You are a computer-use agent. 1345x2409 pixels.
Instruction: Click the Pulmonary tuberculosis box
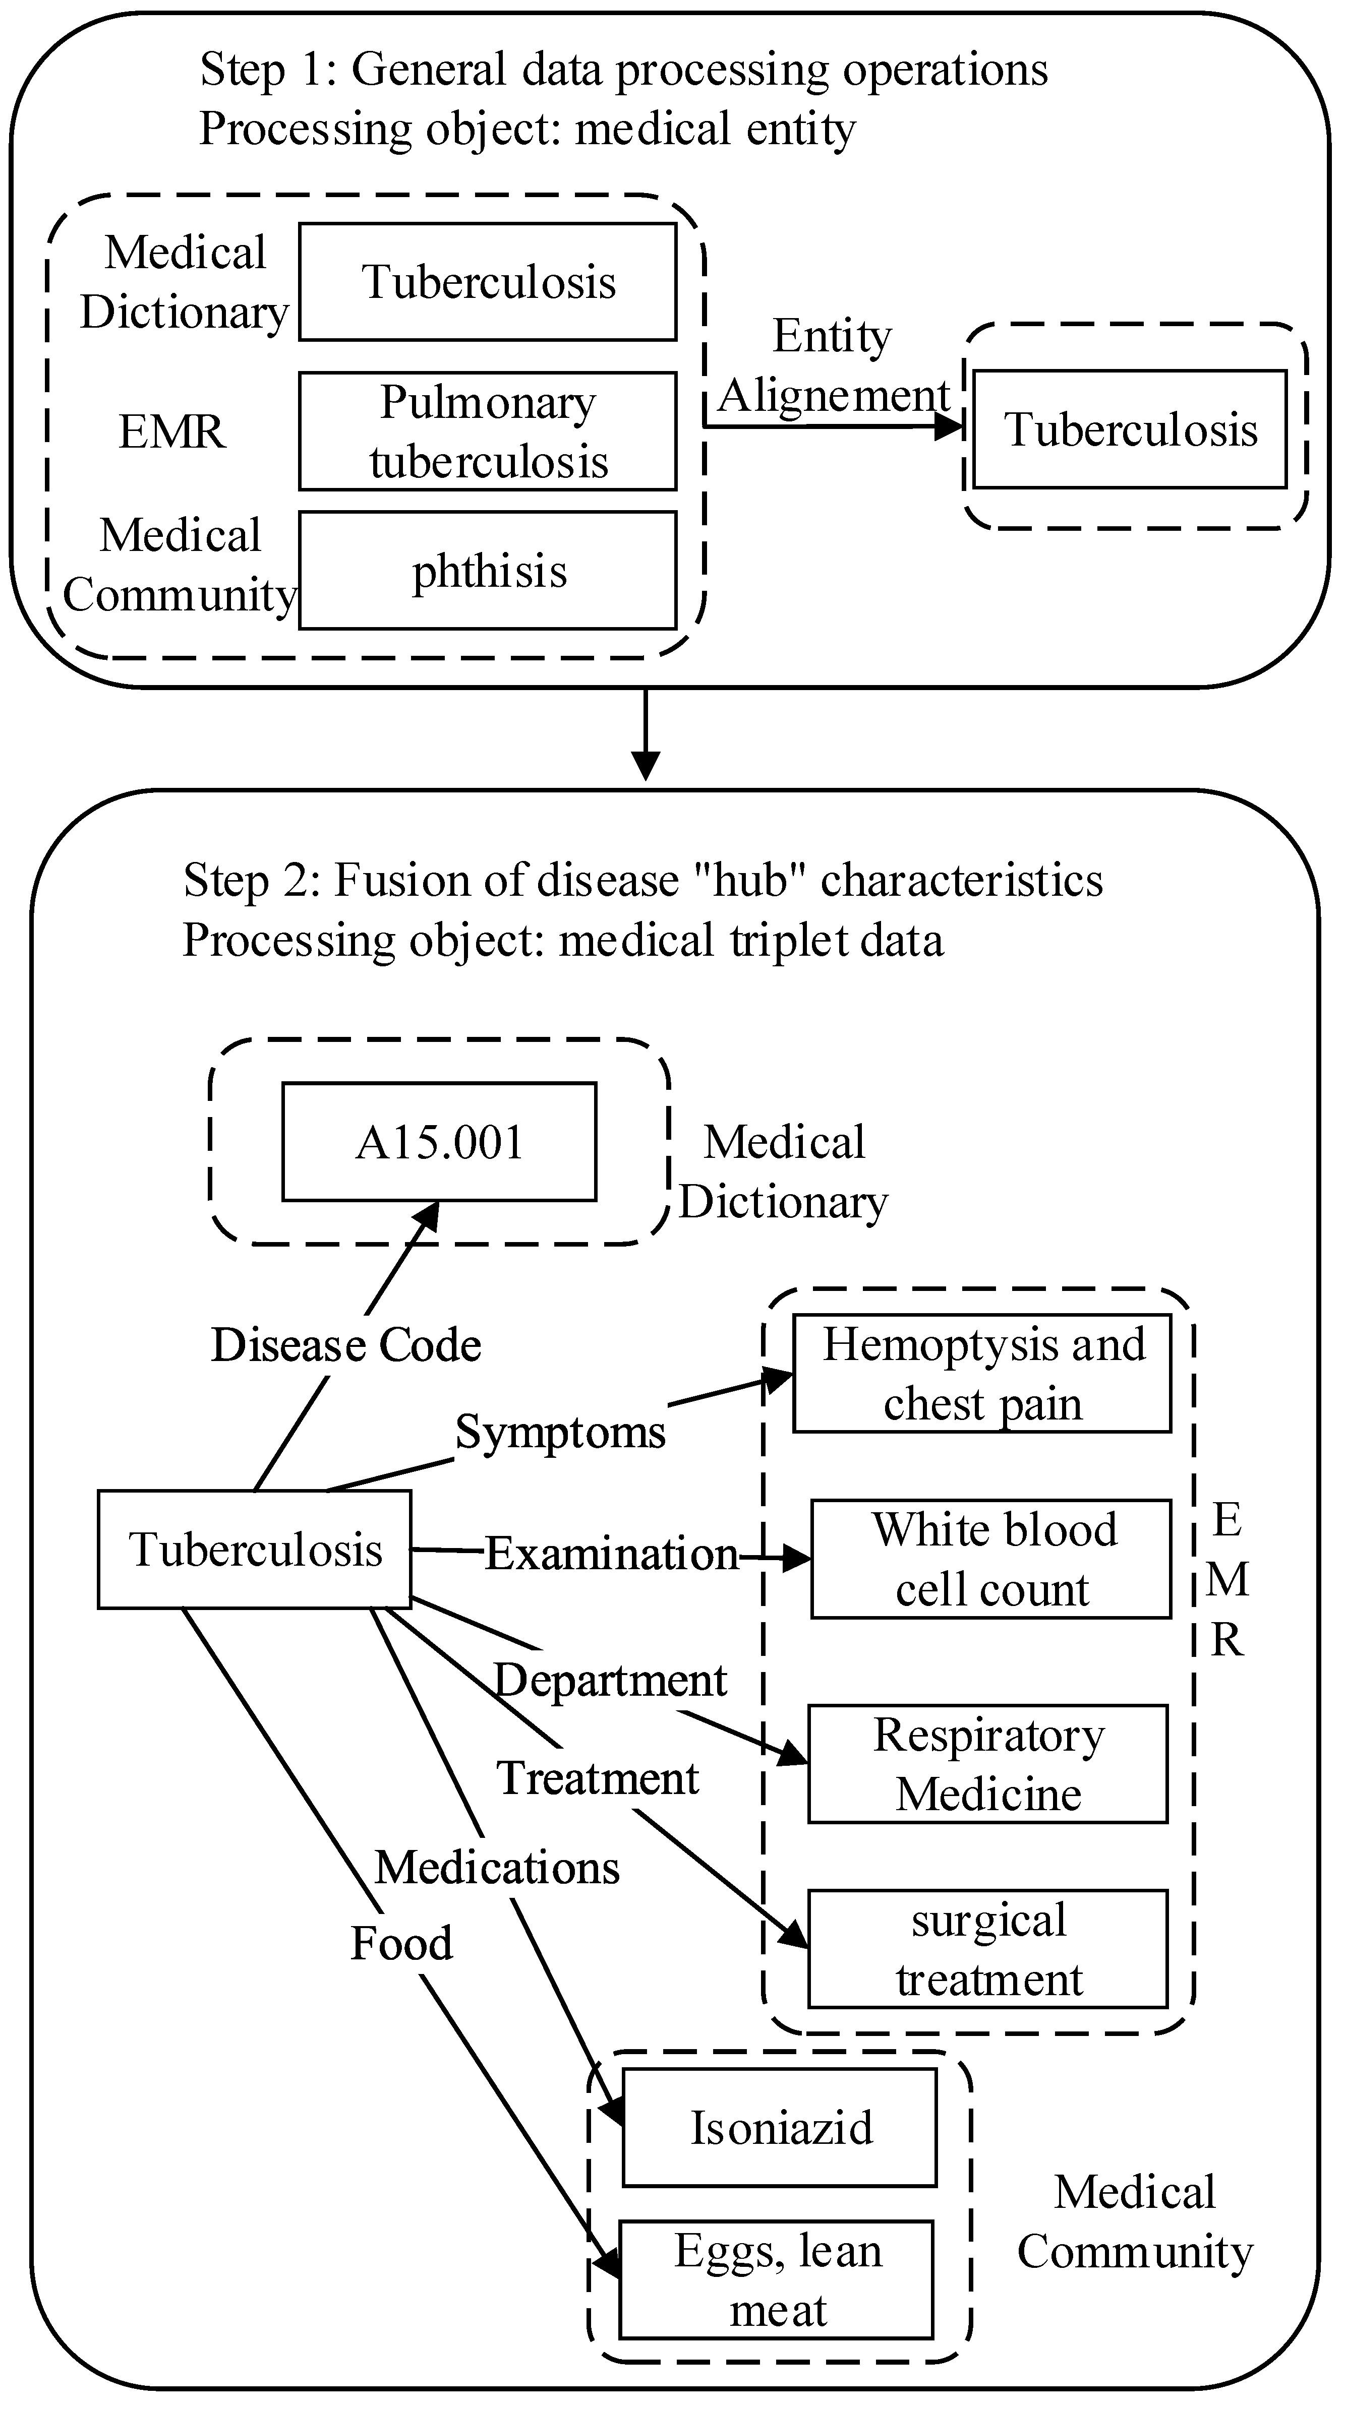(x=487, y=431)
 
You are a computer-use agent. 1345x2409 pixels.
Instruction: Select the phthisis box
(x=487, y=571)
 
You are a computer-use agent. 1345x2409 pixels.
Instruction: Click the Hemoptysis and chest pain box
(x=982, y=1374)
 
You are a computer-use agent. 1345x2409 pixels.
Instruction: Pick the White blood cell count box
(x=990, y=1559)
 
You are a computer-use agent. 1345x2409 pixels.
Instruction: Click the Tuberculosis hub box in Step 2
(x=254, y=1550)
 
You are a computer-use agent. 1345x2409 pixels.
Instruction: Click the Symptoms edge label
(x=559, y=1432)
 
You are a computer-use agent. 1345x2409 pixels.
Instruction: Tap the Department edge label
(x=610, y=1681)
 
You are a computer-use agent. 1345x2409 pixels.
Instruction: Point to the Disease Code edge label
(x=346, y=1345)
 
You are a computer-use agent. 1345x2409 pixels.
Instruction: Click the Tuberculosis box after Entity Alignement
(x=1130, y=429)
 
